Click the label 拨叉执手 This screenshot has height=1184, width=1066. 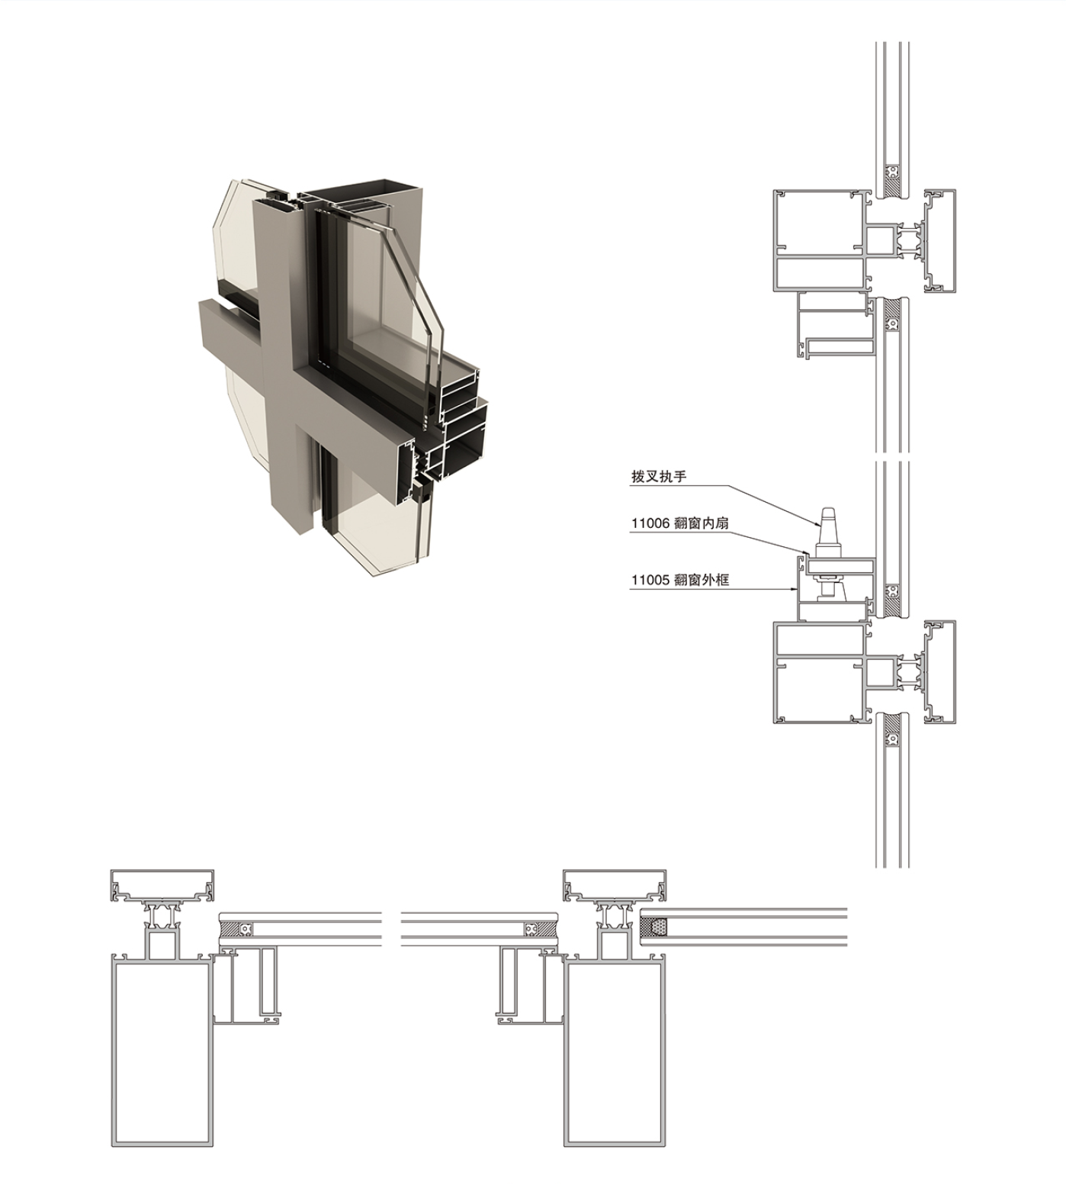pos(659,477)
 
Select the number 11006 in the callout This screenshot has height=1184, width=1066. pos(650,523)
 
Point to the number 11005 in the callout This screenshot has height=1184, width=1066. pos(650,580)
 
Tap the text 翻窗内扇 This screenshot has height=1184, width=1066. pos(702,523)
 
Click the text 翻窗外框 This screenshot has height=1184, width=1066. pos(702,580)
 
